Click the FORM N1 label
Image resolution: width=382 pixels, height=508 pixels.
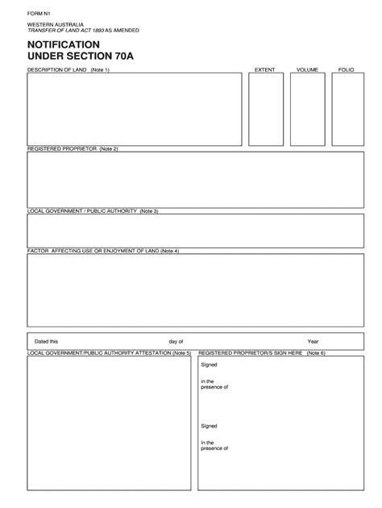[38, 14]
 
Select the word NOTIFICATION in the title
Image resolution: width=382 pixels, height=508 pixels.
[64, 44]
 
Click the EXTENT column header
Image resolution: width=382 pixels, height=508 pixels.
[265, 70]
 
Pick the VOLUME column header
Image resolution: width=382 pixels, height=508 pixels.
[307, 70]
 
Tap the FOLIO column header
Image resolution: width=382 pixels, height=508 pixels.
[346, 70]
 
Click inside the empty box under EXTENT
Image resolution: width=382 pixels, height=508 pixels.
[265, 110]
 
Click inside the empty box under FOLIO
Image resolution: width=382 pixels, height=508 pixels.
[347, 110]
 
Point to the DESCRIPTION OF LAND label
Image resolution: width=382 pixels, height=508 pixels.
[57, 70]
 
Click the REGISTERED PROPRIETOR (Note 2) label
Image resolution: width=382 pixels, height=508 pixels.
[73, 149]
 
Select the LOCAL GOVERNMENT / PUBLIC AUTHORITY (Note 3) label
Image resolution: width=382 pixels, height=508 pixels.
[93, 210]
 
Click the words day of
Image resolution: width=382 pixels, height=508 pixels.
[176, 341]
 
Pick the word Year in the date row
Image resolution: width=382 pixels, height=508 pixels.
[313, 341]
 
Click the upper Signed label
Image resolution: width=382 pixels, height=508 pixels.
[209, 364]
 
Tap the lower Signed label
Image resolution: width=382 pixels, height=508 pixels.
[209, 426]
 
